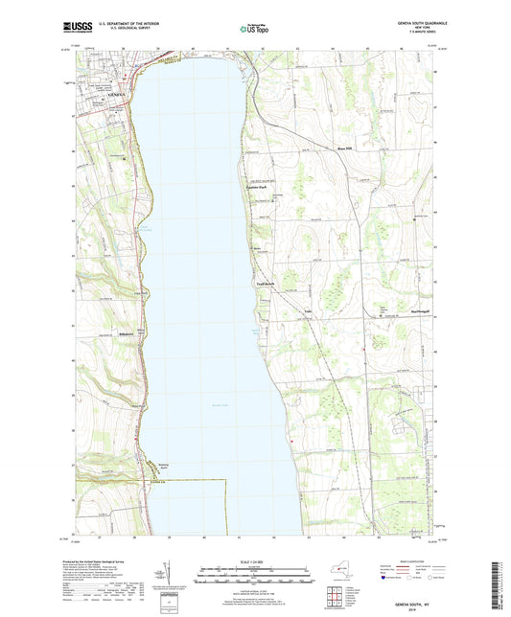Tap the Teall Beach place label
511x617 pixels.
pyautogui.click(x=266, y=284)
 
